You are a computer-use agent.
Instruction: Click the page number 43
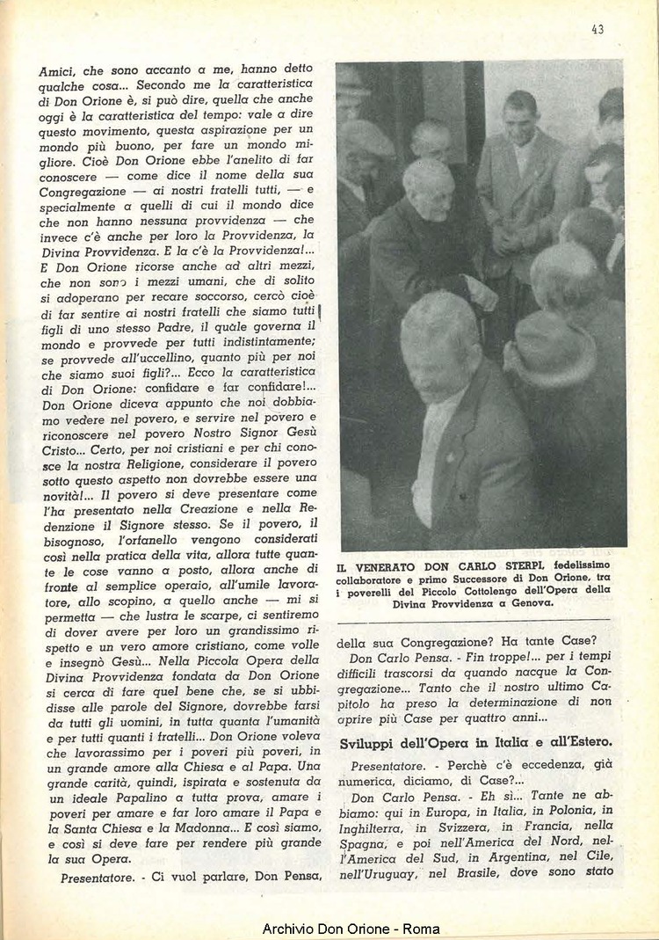[597, 29]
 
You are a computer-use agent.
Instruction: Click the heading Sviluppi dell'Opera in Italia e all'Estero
[476, 744]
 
